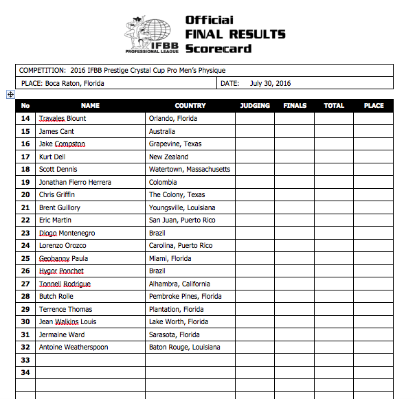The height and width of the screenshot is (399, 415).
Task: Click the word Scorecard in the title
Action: click(218, 49)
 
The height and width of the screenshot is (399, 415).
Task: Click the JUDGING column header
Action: click(255, 106)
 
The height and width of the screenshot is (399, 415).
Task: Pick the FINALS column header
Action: click(295, 106)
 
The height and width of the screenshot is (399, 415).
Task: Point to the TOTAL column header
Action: click(334, 106)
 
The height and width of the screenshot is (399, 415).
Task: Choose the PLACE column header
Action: click(374, 106)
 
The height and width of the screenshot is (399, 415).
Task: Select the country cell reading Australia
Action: click(162, 131)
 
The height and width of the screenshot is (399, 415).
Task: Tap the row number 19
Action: click(25, 182)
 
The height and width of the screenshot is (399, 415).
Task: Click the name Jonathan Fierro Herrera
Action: click(75, 182)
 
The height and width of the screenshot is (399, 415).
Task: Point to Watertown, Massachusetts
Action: click(190, 169)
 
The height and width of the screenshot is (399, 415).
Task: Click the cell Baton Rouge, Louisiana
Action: click(185, 347)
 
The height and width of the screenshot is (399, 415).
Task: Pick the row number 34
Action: click(25, 372)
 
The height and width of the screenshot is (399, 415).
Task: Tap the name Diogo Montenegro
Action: click(67, 233)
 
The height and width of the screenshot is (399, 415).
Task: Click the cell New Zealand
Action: click(168, 157)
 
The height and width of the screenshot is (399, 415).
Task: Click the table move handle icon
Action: click(10, 94)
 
